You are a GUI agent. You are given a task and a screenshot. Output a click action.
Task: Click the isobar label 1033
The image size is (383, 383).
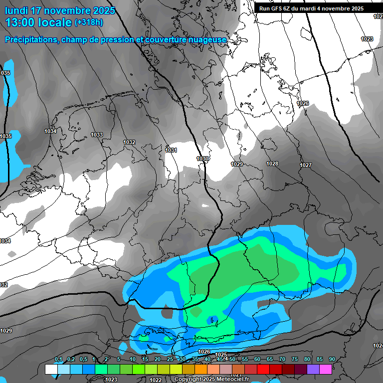click(97, 135)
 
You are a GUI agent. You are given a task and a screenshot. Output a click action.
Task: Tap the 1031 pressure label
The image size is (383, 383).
click(171, 150)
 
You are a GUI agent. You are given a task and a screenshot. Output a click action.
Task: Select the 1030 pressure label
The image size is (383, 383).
click(202, 159)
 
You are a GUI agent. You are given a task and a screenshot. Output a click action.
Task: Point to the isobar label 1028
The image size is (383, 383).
click(272, 164)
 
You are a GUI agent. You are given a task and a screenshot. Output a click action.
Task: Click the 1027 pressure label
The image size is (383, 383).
click(306, 166)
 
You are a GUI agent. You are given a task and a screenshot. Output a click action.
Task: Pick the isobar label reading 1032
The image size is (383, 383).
click(129, 143)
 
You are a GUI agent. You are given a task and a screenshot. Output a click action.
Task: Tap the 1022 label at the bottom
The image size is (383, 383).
click(156, 380)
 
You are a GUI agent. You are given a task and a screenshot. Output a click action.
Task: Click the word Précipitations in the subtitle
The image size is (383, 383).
click(29, 39)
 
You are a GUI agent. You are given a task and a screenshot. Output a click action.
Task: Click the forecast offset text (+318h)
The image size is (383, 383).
click(89, 22)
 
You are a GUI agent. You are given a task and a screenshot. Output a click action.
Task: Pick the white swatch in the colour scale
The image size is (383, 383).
click(51, 370)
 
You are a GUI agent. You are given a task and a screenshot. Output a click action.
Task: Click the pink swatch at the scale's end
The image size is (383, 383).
click(326, 370)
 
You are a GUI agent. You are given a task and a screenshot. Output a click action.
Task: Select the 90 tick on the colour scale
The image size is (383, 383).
click(332, 359)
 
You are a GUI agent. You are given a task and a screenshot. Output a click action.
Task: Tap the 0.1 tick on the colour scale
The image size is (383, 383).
click(58, 359)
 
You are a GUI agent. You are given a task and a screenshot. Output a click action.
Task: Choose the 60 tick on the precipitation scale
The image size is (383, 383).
click(257, 359)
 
